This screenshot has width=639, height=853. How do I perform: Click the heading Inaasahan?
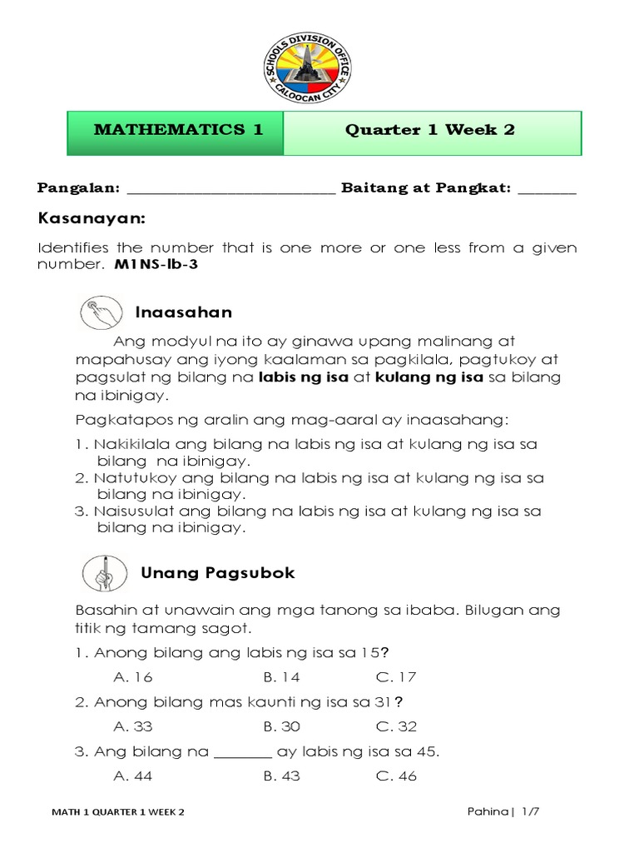[183, 312]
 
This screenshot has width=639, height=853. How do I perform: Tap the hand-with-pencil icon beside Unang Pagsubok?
[105, 574]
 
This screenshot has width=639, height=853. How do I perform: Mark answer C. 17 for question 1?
[396, 677]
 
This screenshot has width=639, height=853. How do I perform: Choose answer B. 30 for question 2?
[282, 726]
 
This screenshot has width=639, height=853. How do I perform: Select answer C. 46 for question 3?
[396, 776]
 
